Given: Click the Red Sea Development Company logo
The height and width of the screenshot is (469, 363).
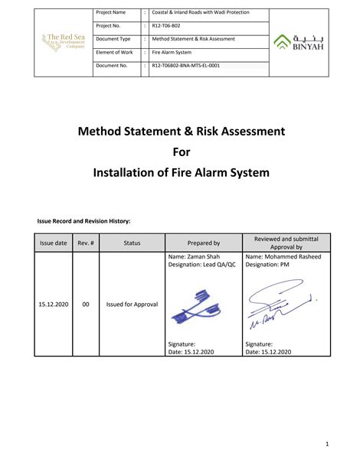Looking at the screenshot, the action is point(62,41).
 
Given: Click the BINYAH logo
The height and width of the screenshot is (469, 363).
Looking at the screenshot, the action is point(299,41).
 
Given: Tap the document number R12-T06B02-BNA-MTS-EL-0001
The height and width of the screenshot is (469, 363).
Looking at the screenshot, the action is point(186,66).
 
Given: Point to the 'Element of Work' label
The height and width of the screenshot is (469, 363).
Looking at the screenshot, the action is point(116,52).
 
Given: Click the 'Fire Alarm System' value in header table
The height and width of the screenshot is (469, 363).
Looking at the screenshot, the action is point(172,52).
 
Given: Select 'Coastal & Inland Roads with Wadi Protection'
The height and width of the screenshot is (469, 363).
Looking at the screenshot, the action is point(200,12).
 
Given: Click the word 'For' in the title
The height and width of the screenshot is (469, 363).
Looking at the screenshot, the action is point(181,151).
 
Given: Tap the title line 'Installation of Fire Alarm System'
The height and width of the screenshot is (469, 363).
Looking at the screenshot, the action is point(181,173).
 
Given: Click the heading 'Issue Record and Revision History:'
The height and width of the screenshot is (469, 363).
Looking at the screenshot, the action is point(84,220).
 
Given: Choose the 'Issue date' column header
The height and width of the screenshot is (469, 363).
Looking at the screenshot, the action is point(54,243).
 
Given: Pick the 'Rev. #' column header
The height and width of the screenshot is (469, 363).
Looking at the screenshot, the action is point(86,243).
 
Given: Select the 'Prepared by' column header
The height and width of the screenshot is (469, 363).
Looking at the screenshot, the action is point(203,243).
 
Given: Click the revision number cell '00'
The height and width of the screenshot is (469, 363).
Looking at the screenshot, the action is point(86,304).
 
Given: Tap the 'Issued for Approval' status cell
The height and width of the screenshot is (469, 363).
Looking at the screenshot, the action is point(132,304).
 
